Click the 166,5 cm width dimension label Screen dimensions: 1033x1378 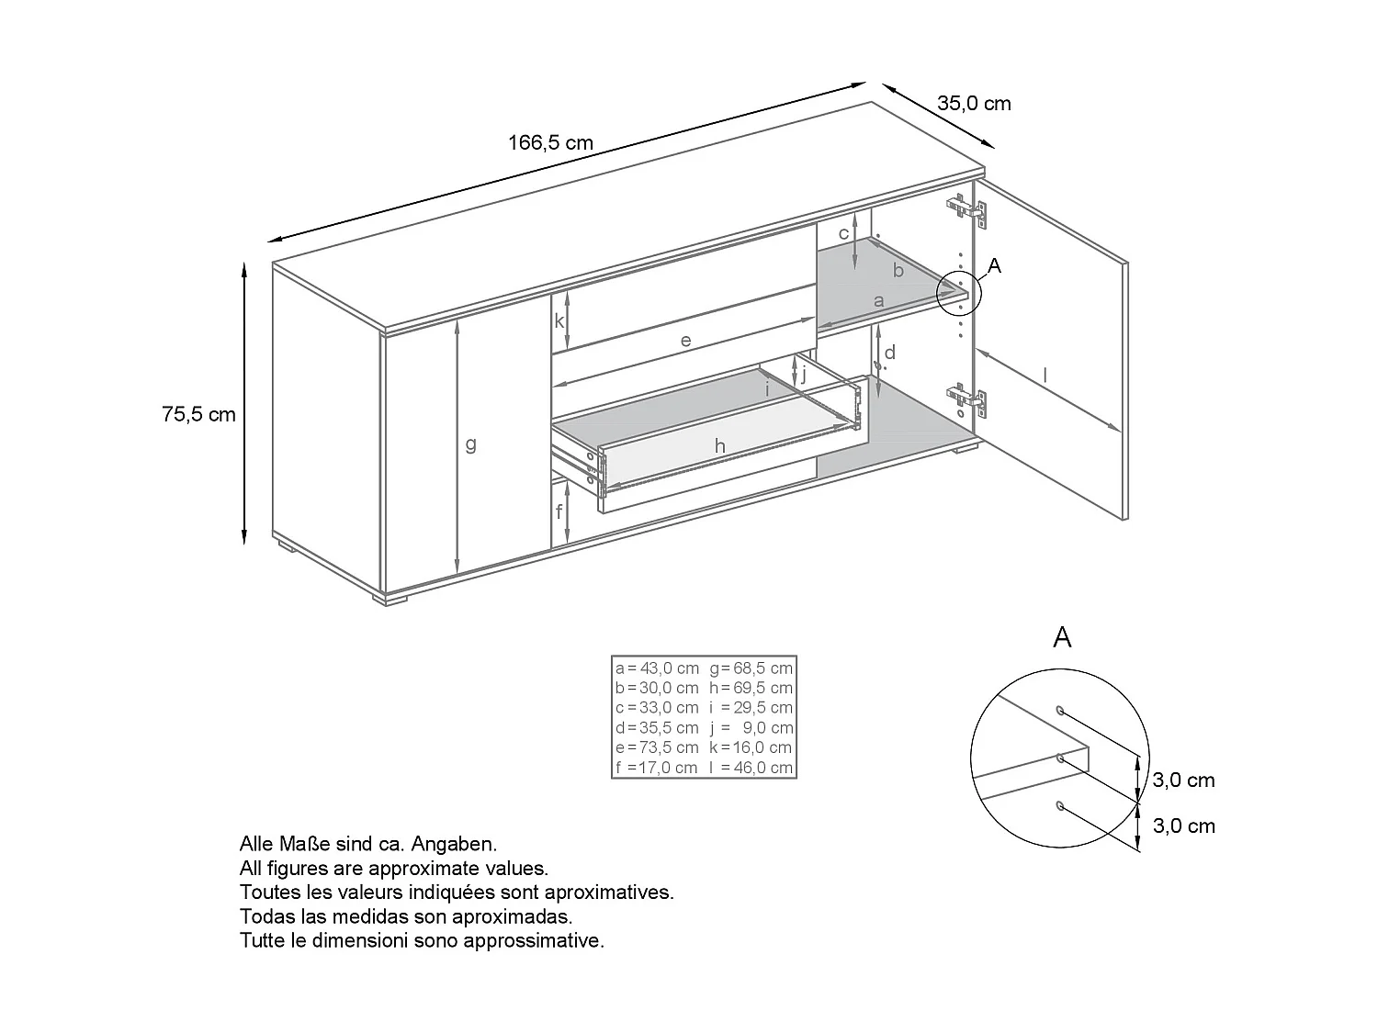550,143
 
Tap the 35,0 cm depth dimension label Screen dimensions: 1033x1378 974,103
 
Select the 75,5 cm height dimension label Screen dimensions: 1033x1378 199,414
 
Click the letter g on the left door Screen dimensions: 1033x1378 470,444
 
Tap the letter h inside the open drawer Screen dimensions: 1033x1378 720,446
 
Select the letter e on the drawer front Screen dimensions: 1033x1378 685,340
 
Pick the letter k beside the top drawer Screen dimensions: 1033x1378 559,321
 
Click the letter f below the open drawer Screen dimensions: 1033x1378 558,513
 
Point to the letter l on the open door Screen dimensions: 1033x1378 1045,374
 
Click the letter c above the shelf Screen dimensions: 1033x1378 843,233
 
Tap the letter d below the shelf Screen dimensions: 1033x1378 889,353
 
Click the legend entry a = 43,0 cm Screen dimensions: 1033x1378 657,668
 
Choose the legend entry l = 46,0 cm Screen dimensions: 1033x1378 751,768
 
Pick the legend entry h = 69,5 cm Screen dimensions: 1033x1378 751,688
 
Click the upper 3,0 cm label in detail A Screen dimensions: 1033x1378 1183,780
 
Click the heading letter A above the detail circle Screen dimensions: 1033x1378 1062,637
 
